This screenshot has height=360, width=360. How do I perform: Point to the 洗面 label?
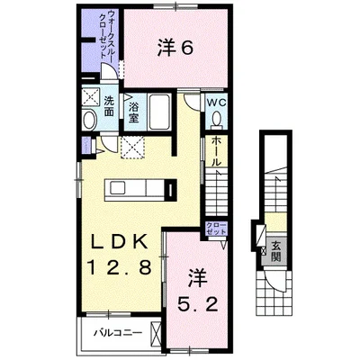tap(108, 104)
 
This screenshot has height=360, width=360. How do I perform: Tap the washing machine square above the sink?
tap(91, 98)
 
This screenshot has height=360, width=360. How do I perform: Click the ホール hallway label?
tap(216, 154)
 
